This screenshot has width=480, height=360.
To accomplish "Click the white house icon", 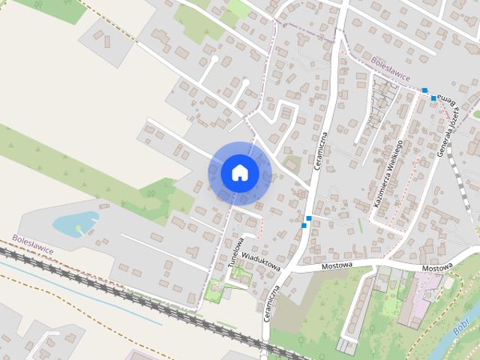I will [x=240, y=172].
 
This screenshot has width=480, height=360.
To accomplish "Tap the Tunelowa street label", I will [x=236, y=252].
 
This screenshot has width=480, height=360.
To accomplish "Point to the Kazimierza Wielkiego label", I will [x=388, y=173].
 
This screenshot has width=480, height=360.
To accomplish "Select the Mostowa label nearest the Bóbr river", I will [x=437, y=268].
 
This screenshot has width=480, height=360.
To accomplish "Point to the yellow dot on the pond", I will [x=78, y=227].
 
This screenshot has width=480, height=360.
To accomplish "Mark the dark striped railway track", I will [x=112, y=289].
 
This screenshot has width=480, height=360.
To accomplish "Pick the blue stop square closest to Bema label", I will [x=433, y=98].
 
